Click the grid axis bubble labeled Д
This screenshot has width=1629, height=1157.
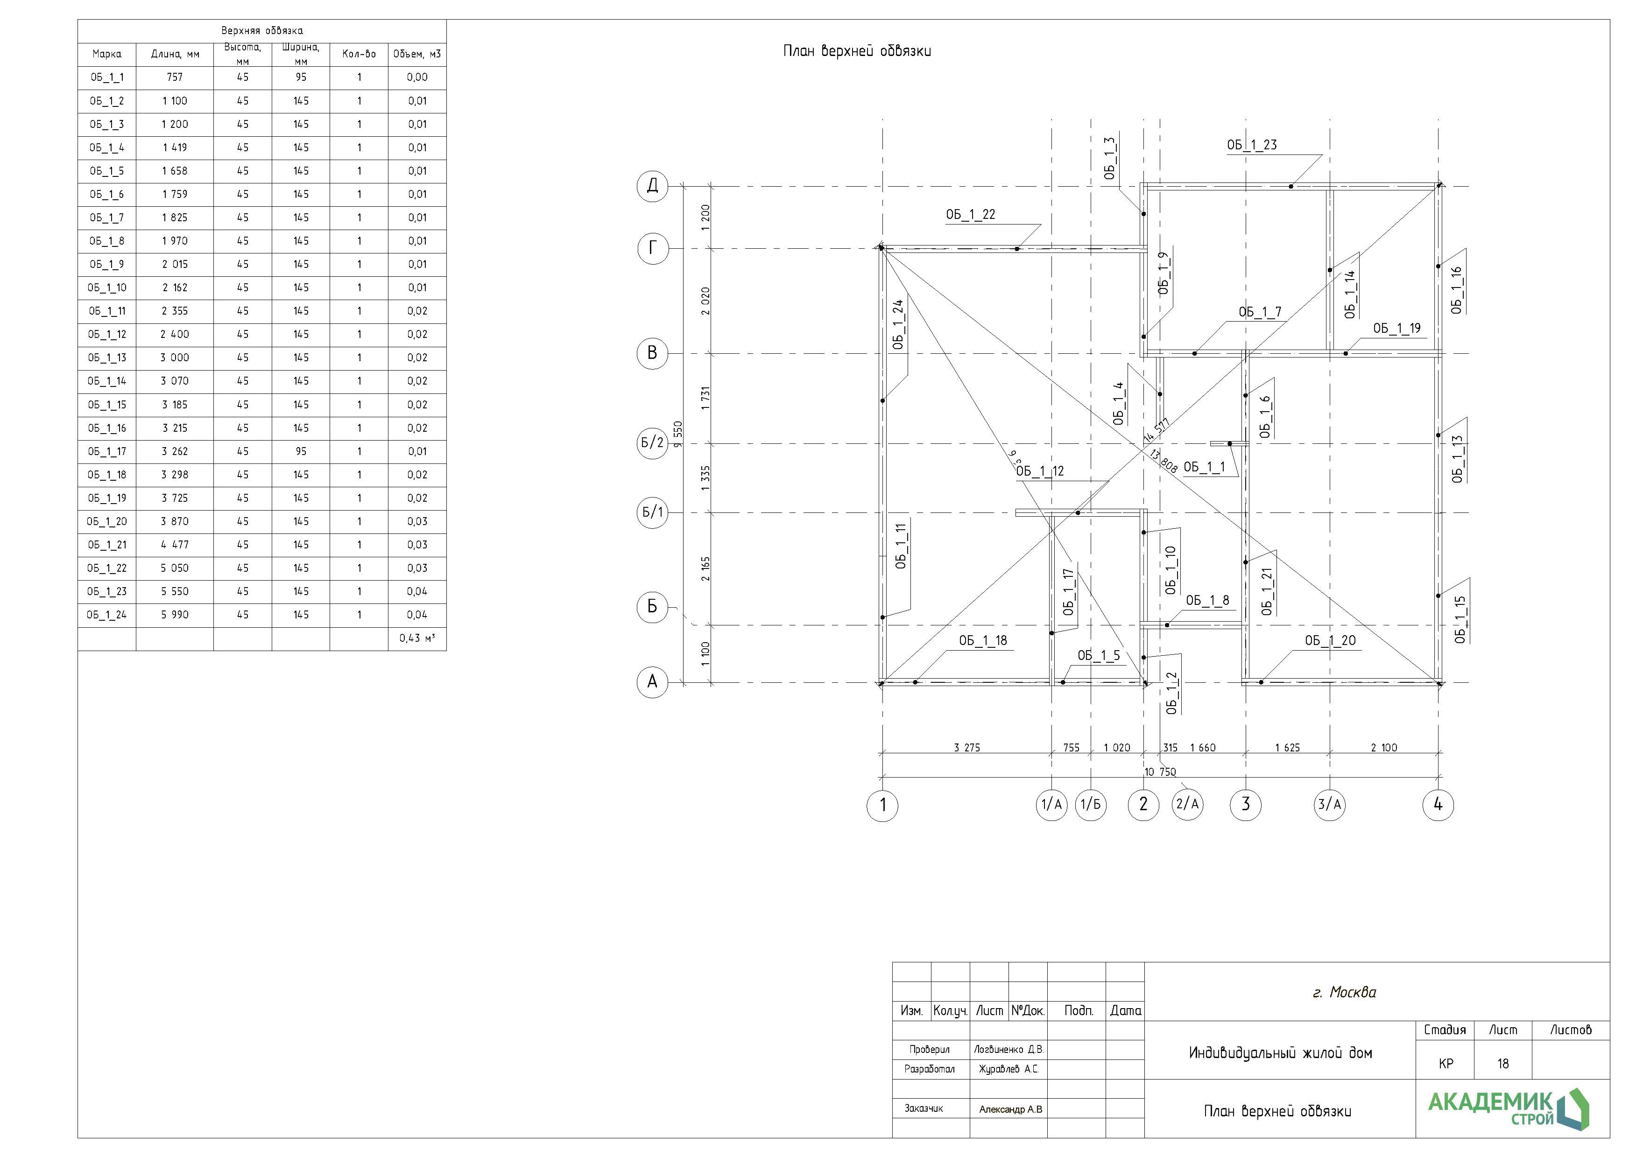coord(652,187)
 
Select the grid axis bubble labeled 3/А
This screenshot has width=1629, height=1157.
coord(1330,805)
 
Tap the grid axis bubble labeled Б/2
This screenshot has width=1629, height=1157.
coord(652,443)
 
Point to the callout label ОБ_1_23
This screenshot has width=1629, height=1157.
coord(1252,145)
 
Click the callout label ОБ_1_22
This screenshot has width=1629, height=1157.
coord(971,214)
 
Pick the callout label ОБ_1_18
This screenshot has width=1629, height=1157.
coord(983,640)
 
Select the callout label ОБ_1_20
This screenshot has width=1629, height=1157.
coord(1331,640)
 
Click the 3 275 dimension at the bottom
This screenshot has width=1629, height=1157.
coord(967,747)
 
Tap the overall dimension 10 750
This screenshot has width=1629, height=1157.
coord(1160,771)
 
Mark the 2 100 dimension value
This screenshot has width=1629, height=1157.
coord(1384,747)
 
